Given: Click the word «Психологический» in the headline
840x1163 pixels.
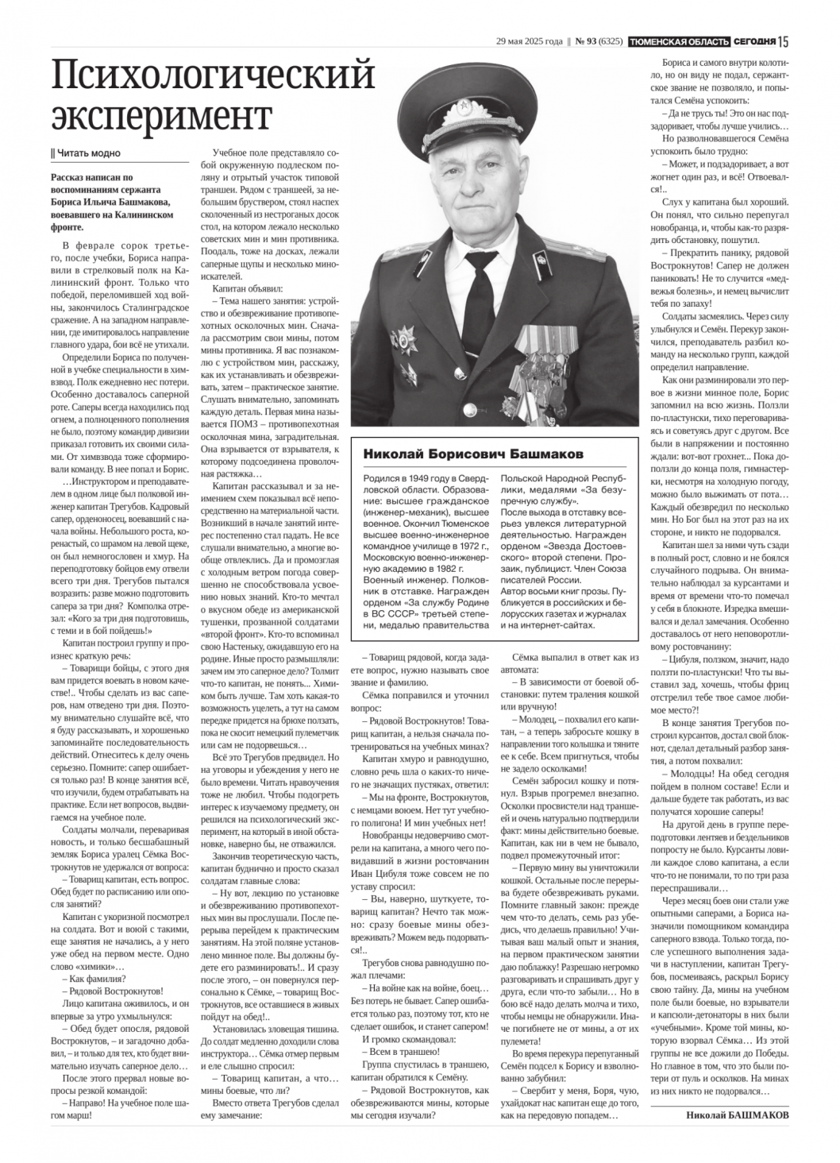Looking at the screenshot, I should pyautogui.click(x=213, y=75).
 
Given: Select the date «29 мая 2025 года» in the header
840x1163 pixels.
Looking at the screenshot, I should pyautogui.click(x=530, y=41).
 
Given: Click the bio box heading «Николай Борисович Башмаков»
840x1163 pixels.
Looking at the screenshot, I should pyautogui.click(x=473, y=454).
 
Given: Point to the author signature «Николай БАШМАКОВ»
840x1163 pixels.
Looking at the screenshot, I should pyautogui.click(x=738, y=1115).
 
